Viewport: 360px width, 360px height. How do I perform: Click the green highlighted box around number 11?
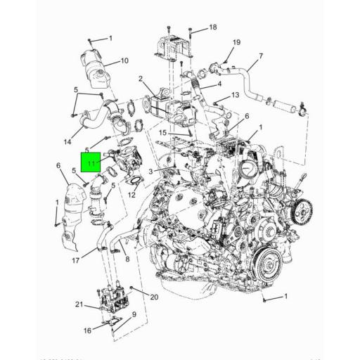click(91, 164)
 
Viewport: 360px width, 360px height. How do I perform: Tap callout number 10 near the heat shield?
click(124, 61)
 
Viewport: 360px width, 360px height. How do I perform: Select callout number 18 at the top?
click(213, 27)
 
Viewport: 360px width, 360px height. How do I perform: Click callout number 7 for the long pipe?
click(260, 56)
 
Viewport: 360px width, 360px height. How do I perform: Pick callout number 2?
click(141, 79)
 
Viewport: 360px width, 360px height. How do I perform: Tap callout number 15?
click(162, 132)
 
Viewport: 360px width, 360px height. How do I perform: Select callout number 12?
click(131, 195)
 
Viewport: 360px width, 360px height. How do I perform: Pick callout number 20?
click(154, 297)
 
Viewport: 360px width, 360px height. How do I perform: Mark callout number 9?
click(133, 314)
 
